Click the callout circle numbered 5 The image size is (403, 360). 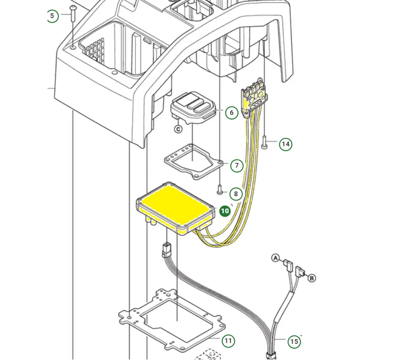click(52, 16)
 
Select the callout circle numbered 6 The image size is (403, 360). click(231, 113)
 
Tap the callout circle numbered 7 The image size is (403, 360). click(237, 166)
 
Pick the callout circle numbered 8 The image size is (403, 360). click(236, 194)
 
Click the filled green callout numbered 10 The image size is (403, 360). click(225, 211)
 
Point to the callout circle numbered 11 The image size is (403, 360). click(229, 341)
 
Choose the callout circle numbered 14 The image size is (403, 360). click(286, 144)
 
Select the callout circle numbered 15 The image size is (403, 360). click(294, 341)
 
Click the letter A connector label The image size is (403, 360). click(275, 258)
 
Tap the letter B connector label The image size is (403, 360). click(312, 278)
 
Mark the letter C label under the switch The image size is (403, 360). click(179, 129)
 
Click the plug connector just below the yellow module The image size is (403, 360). click(166, 249)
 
